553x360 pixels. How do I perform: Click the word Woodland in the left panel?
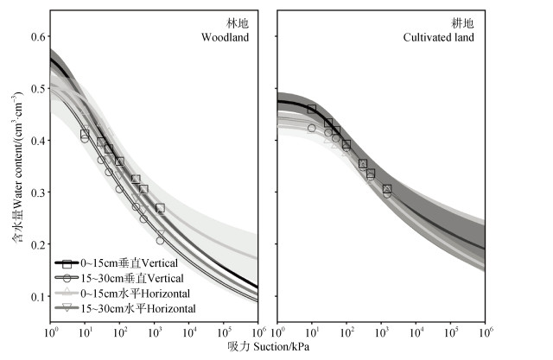(226, 38)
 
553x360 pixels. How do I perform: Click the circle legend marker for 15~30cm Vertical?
(67, 278)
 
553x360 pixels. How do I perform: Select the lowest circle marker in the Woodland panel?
(160, 241)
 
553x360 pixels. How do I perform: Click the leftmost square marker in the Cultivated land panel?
(311, 109)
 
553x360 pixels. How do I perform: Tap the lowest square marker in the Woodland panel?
(160, 208)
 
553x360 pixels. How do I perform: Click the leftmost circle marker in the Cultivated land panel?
(311, 128)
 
